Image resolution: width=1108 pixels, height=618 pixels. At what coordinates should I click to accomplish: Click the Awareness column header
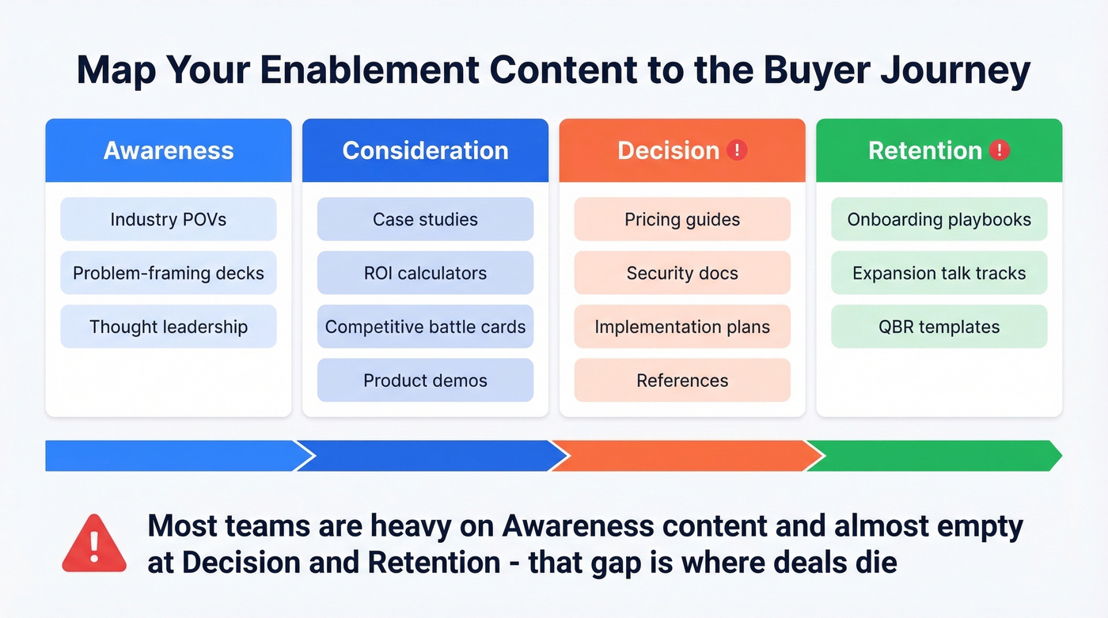[169, 150]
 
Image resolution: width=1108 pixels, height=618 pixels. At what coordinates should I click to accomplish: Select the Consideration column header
[425, 150]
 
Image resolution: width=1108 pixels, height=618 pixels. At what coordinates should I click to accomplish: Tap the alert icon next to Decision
[737, 150]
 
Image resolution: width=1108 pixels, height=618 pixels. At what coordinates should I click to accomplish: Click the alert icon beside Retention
[1000, 150]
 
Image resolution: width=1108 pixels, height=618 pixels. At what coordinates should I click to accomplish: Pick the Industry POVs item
[169, 219]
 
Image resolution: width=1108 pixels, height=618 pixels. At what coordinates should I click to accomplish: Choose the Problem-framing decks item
[169, 273]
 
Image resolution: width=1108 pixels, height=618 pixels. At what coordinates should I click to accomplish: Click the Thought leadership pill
[169, 327]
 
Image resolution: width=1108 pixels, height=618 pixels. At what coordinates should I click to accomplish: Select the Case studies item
[425, 219]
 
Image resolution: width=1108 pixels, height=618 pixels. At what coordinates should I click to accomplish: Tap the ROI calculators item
[425, 273]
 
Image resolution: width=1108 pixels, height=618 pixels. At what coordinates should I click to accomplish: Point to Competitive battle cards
[425, 327]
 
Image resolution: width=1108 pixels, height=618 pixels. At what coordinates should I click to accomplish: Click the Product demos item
[425, 381]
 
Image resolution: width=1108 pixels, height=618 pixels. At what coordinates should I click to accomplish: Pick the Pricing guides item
[682, 219]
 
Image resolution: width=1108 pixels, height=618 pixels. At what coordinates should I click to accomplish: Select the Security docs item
[682, 273]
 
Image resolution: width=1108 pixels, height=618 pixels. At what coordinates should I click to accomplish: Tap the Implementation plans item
[682, 327]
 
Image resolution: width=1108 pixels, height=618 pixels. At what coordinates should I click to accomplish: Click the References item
[682, 381]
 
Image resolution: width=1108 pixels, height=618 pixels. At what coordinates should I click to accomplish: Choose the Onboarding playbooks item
[939, 219]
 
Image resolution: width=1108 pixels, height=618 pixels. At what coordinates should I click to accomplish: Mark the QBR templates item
[939, 327]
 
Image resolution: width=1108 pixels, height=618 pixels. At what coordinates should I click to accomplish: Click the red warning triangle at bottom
[94, 544]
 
